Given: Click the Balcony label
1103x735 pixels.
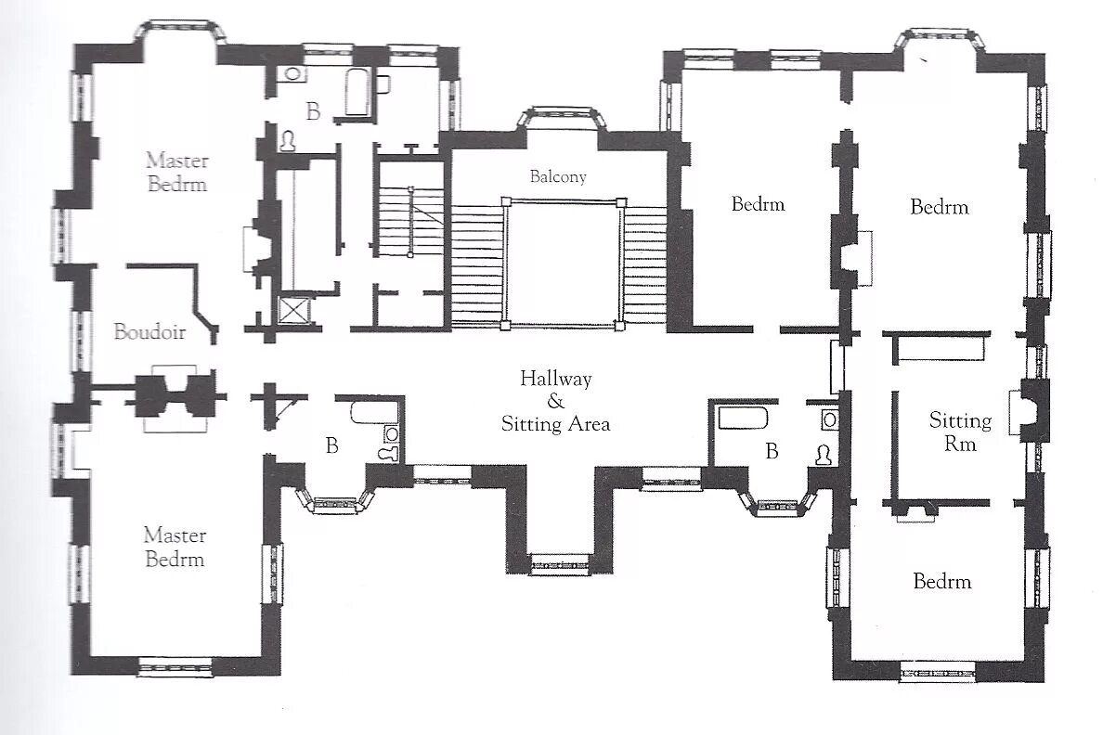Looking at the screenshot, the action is [558, 176].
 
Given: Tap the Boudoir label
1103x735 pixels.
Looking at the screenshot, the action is [149, 331].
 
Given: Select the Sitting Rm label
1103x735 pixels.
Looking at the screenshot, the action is [960, 432].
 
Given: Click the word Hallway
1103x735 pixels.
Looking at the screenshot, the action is [556, 379].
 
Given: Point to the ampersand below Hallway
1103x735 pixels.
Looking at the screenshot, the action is [556, 401].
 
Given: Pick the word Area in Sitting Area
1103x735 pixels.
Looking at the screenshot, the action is [589, 424].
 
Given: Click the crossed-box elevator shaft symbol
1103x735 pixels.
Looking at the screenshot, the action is [294, 311].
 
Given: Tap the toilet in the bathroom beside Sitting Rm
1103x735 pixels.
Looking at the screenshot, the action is [824, 455].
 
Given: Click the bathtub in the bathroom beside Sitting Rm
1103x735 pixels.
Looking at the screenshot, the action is [742, 419].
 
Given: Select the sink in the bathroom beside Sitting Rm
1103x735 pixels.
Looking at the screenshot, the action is [830, 420].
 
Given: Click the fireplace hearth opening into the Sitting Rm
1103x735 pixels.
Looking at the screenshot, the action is [1020, 412].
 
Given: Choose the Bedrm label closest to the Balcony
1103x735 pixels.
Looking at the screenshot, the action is [758, 204].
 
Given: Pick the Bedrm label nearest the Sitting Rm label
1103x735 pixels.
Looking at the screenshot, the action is [941, 581].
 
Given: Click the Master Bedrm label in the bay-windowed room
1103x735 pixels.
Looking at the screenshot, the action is [177, 173].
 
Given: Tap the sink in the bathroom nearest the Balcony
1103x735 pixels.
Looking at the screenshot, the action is [292, 73].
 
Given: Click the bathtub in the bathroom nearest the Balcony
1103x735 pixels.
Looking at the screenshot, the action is [357, 92].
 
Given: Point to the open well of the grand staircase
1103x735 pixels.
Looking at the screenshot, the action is [563, 263].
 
